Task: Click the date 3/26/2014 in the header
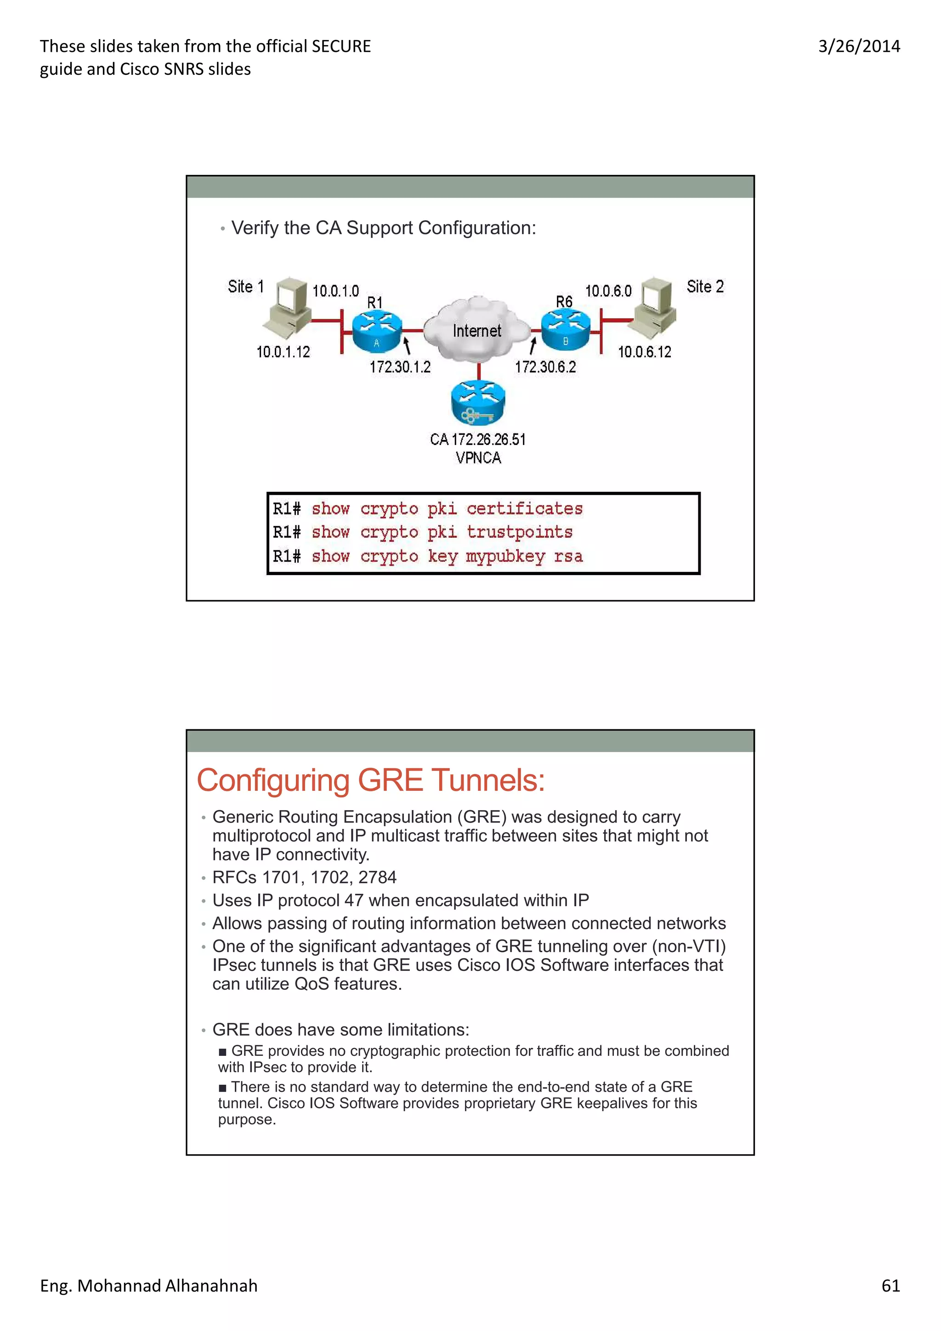(x=859, y=46)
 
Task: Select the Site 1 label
(x=246, y=287)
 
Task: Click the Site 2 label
(x=705, y=287)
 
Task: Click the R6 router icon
(x=565, y=329)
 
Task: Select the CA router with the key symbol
(x=478, y=403)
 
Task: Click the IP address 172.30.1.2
(x=400, y=367)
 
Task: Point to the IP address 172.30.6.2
(x=545, y=367)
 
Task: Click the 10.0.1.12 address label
(x=283, y=352)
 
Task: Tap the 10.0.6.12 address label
(x=644, y=352)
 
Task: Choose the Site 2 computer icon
(x=655, y=306)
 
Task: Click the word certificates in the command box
(x=524, y=508)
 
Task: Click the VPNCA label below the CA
(x=478, y=458)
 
